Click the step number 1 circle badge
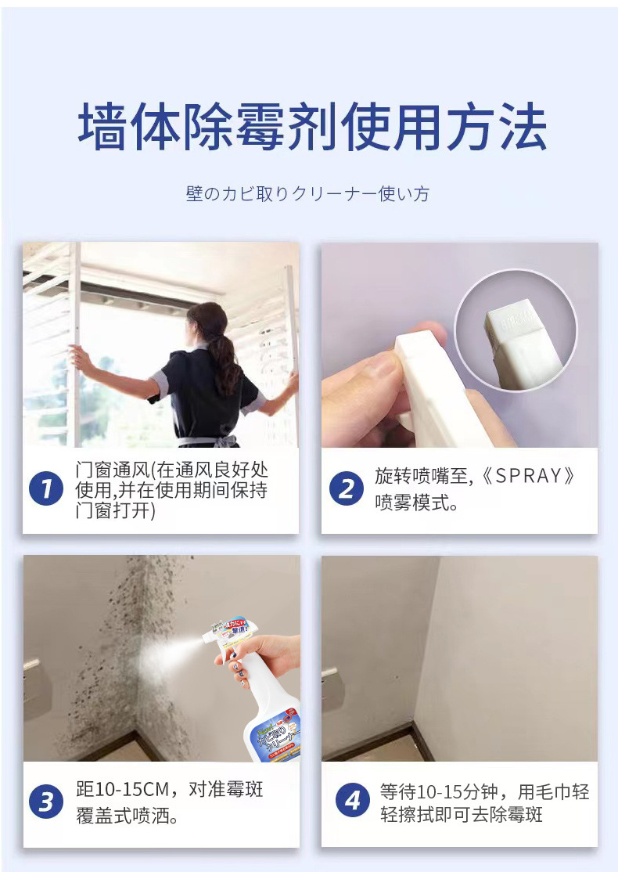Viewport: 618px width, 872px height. pyautogui.click(x=46, y=489)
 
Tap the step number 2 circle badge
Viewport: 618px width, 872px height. pyautogui.click(x=347, y=489)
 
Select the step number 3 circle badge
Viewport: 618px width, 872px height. pyautogui.click(x=46, y=802)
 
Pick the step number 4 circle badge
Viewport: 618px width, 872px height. pyautogui.click(x=353, y=801)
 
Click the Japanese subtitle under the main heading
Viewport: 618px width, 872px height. pyautogui.click(x=308, y=193)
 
